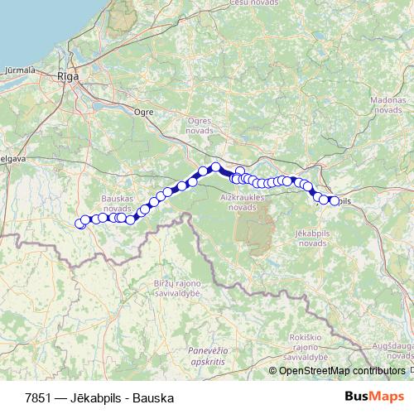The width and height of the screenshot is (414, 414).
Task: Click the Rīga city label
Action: coord(68,76)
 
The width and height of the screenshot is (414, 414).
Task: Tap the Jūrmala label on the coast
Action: coord(20,70)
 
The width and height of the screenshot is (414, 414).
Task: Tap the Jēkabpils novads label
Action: coord(311,239)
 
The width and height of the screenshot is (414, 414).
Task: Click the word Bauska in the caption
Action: coord(153,397)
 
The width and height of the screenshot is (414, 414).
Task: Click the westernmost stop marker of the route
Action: coord(80,224)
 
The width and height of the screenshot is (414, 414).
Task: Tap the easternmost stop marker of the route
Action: coord(335,201)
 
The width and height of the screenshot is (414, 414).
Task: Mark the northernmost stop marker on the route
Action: coord(215,166)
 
